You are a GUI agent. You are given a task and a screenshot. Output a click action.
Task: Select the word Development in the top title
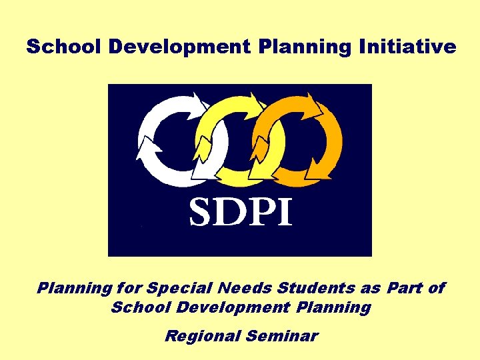coord(175,47)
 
